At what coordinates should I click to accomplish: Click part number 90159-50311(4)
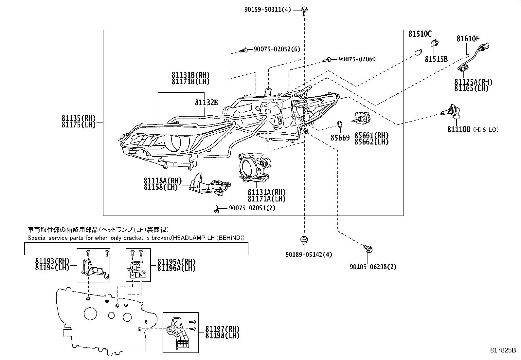coord(267,10)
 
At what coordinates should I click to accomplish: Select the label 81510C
coord(420,34)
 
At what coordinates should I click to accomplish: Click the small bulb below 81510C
coord(418,52)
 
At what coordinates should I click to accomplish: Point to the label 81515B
coord(436,59)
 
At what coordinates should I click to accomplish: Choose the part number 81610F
coord(468,39)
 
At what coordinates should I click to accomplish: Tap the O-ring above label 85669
coord(340,124)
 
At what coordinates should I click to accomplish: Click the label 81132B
coord(206,103)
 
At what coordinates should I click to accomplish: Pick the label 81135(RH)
coord(79,118)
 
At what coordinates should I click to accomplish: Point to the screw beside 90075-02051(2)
coord(217,209)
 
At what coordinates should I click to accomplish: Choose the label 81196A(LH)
coord(176,268)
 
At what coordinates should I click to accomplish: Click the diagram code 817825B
coord(503,350)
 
